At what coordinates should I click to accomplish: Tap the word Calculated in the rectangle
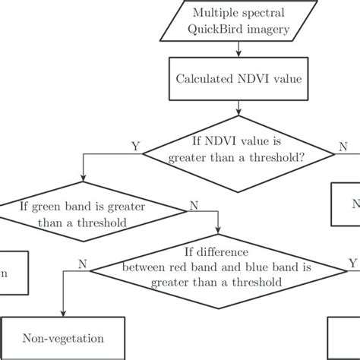(x=204, y=78)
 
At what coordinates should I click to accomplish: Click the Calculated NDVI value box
(x=239, y=78)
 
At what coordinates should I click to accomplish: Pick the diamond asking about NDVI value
(x=239, y=153)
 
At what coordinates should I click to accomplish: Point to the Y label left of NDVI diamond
(x=135, y=145)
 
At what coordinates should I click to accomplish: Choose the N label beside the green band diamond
(x=195, y=204)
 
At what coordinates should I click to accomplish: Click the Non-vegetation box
(x=63, y=339)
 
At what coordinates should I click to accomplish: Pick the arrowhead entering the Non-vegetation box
(x=63, y=316)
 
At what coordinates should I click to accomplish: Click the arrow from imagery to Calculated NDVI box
(x=239, y=51)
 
